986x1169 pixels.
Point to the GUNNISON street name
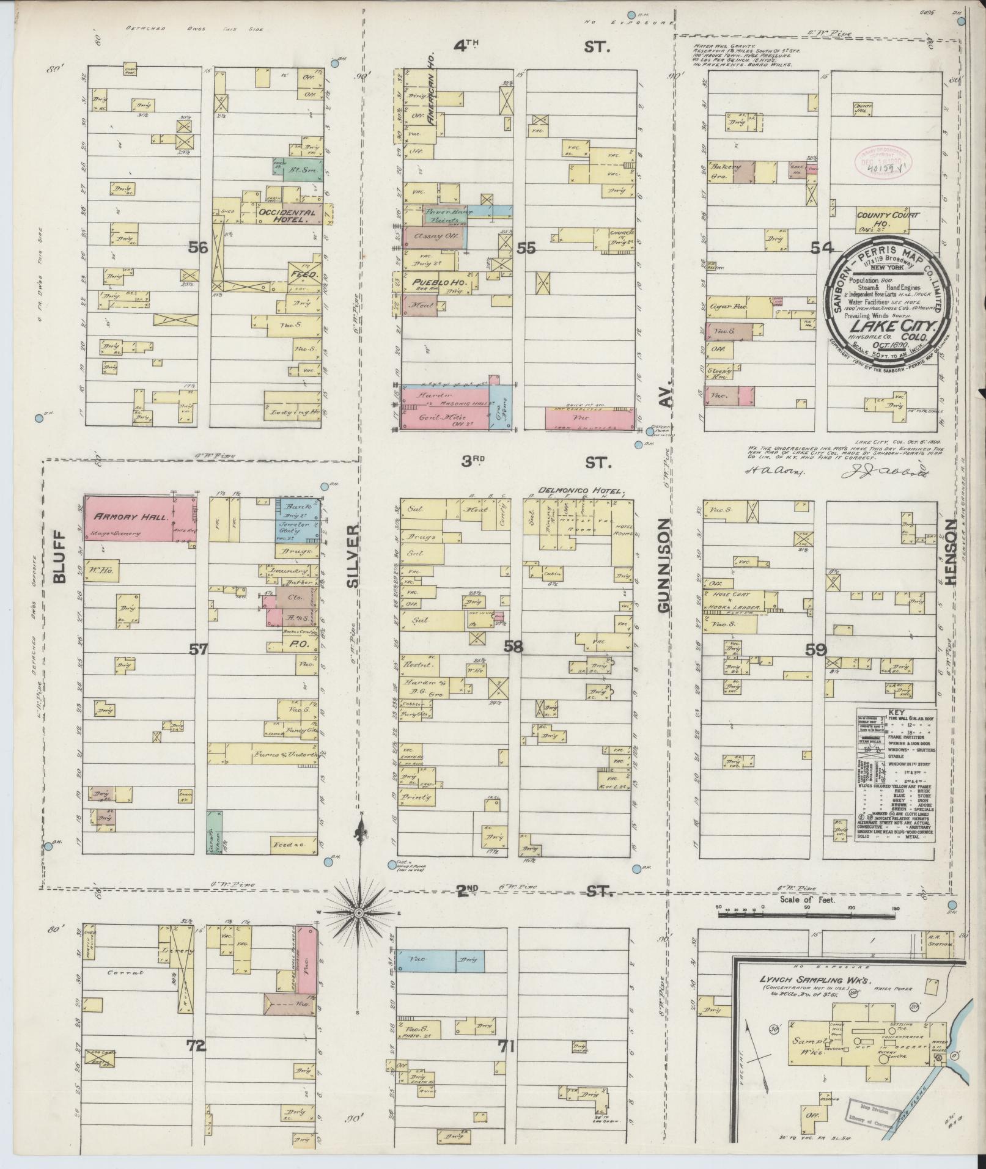tap(665, 565)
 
